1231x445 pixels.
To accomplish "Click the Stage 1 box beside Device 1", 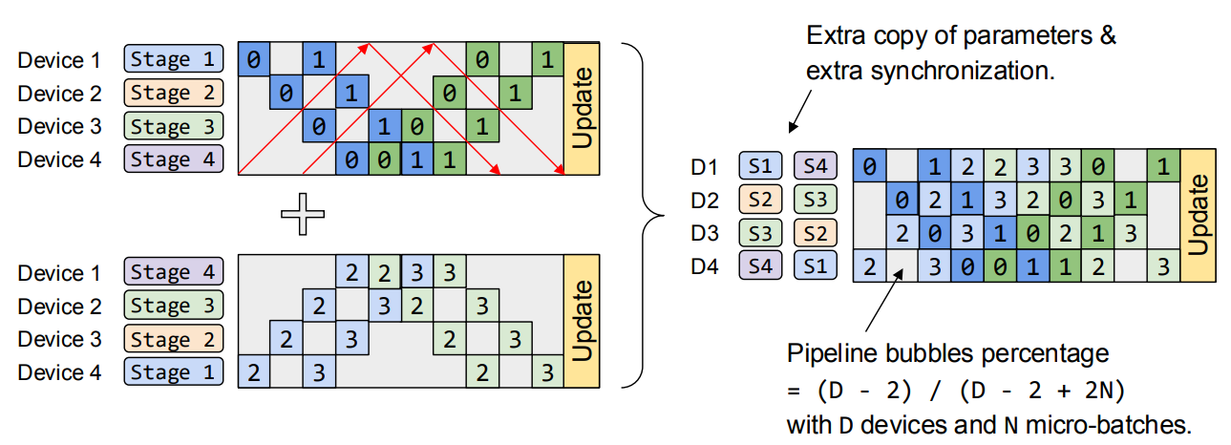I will pyautogui.click(x=174, y=60).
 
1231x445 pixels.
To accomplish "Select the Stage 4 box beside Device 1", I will pyautogui.click(x=174, y=273).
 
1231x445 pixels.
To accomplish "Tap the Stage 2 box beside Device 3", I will pyautogui.click(x=174, y=339).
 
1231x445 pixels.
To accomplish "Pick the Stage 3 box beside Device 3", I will pyautogui.click(x=174, y=126).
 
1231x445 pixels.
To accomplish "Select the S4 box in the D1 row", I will pyautogui.click(x=815, y=167).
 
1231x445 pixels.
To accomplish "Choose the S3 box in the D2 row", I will pyautogui.click(x=815, y=200).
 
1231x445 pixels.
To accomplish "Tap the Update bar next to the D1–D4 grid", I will pyautogui.click(x=1199, y=216).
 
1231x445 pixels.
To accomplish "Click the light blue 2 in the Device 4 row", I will pyautogui.click(x=253, y=372).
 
